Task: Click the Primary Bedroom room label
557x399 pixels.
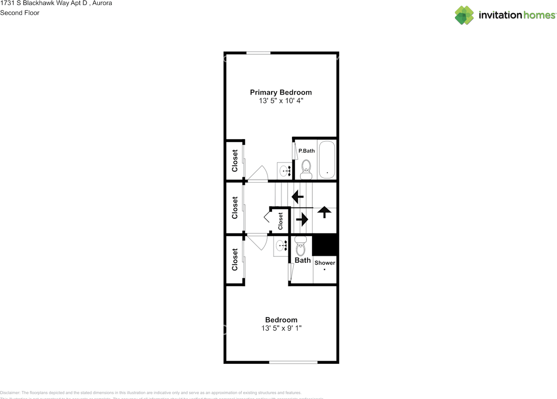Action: pos(281,92)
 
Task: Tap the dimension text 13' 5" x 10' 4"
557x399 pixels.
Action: pos(281,101)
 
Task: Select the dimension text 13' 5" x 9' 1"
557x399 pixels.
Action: pos(281,329)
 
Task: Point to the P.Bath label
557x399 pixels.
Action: pos(306,151)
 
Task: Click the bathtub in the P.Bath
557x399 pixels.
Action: pos(326,160)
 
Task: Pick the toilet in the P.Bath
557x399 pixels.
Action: pos(306,169)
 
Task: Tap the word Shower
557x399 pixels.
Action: pos(325,263)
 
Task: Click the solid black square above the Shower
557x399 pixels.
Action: pos(325,245)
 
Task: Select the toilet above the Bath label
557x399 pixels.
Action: pos(301,246)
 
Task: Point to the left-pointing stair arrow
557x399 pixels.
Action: pos(298,197)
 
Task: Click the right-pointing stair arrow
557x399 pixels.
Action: pos(302,219)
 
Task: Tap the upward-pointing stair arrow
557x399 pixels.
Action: pos(324,212)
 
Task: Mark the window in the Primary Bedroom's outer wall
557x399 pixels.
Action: pos(258,53)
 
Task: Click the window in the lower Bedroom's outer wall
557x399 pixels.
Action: pos(293,362)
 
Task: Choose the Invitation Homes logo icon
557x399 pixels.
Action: pos(464,15)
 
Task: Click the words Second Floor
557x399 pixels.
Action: pos(20,13)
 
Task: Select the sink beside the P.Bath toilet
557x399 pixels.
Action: pos(285,171)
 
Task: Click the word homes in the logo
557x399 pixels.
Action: pos(539,15)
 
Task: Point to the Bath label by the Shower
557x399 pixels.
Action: pos(302,260)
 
